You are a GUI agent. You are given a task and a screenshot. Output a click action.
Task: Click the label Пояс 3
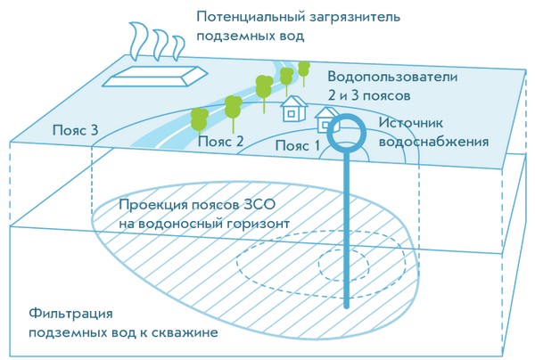[x=74, y=130]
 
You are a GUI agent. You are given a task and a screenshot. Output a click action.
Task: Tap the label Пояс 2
[x=220, y=141]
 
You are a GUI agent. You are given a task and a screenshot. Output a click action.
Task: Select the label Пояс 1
[x=297, y=145]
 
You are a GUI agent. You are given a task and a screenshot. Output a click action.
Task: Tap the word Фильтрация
[x=69, y=314]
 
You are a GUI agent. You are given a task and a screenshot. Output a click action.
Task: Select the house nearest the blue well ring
[x=325, y=119]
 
